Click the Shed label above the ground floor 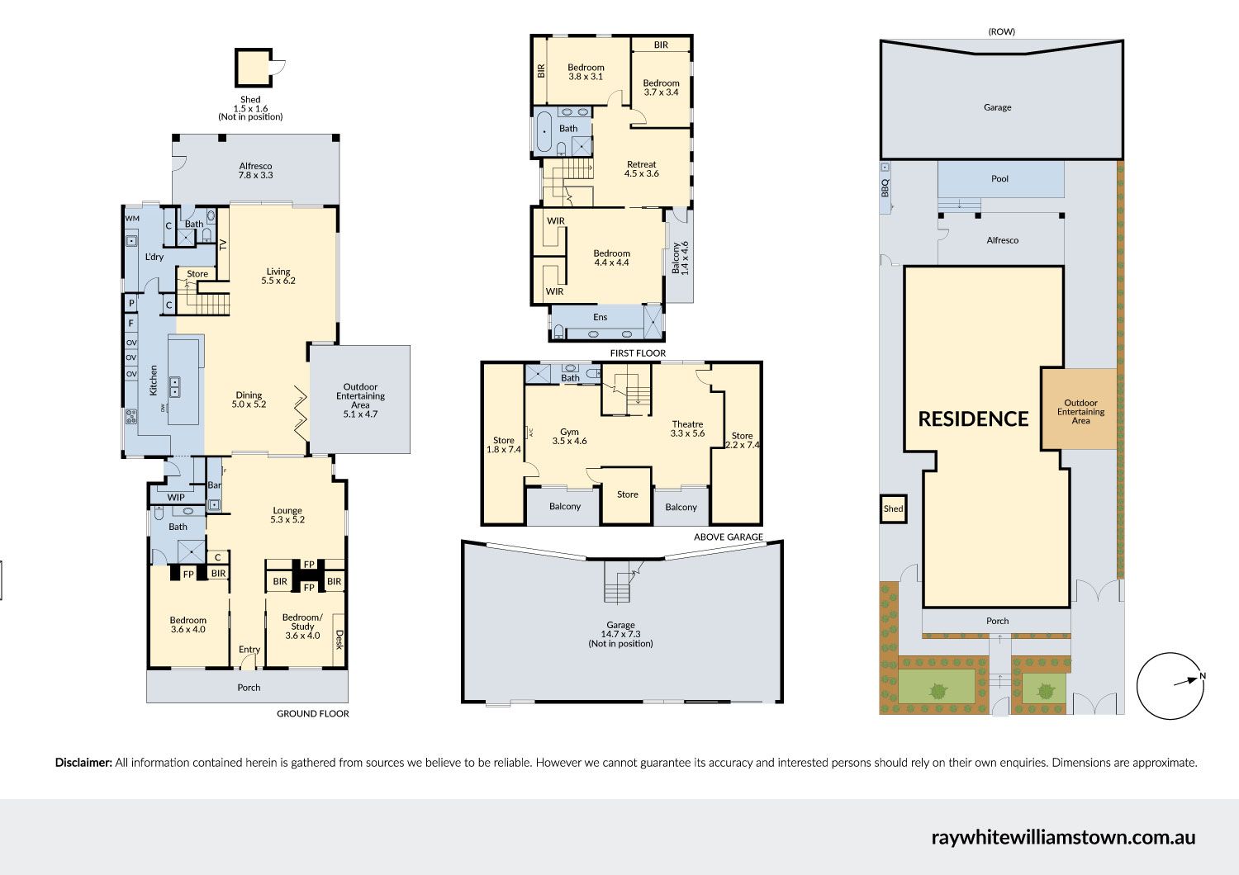tap(250, 108)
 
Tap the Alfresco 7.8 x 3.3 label tap(255, 170)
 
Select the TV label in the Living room tap(224, 244)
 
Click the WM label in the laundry tap(132, 218)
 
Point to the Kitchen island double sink tap(175, 386)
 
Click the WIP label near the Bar tap(176, 497)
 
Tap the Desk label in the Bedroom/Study tap(339, 640)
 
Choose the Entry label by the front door tap(249, 650)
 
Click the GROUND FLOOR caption tap(312, 713)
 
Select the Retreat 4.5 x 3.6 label tap(642, 168)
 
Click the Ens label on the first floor tap(601, 317)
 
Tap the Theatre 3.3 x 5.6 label tap(687, 429)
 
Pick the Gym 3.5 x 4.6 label tap(569, 436)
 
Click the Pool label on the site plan tap(999, 178)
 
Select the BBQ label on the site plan tap(885, 187)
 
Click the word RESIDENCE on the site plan tap(974, 419)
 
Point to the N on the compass tap(1203, 675)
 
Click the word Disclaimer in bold tap(83, 763)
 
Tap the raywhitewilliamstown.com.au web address tap(1063, 837)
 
